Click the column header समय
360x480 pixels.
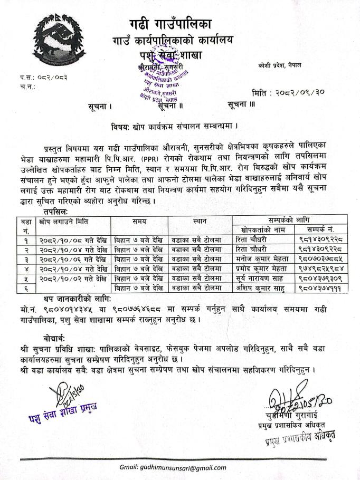[140, 219]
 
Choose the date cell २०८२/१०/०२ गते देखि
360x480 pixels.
[73, 277]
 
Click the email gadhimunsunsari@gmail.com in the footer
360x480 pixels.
[180, 467]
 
